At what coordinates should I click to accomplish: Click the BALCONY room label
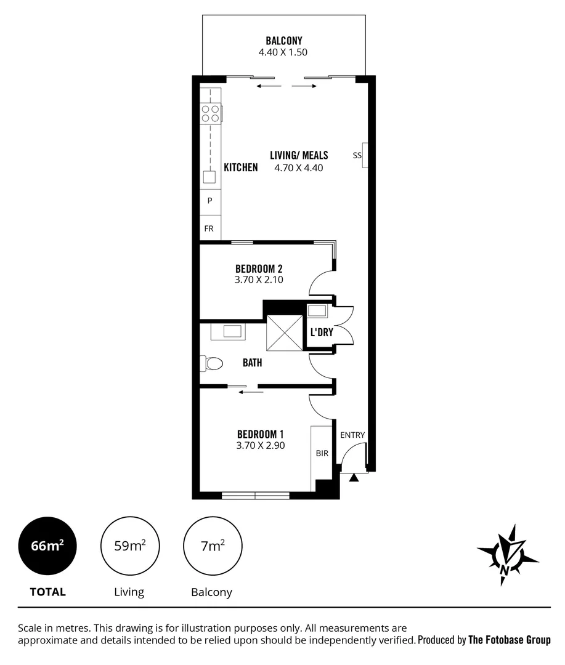pyautogui.click(x=283, y=41)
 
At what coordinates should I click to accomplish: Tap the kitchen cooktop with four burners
pyautogui.click(x=210, y=113)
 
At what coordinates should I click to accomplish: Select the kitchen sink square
pyautogui.click(x=209, y=177)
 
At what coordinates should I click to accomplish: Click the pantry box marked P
pyautogui.click(x=209, y=201)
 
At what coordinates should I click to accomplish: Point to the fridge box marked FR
pyautogui.click(x=209, y=228)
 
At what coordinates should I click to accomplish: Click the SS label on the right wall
pyautogui.click(x=357, y=155)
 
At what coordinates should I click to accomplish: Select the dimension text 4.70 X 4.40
pyautogui.click(x=299, y=167)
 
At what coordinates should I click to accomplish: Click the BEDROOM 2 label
pyautogui.click(x=259, y=268)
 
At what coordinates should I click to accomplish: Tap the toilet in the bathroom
pyautogui.click(x=211, y=363)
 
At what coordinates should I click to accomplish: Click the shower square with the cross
pyautogui.click(x=284, y=332)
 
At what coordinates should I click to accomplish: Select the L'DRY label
pyautogui.click(x=321, y=332)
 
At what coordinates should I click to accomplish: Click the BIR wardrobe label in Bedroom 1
pyautogui.click(x=322, y=454)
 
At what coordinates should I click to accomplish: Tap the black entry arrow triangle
pyautogui.click(x=354, y=477)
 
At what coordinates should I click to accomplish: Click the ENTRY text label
pyautogui.click(x=352, y=435)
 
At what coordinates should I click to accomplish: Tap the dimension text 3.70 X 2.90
pyautogui.click(x=260, y=446)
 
